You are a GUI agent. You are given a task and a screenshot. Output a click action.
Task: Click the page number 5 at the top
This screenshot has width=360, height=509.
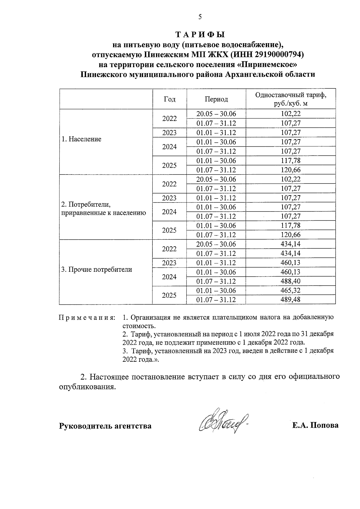tap(200, 17)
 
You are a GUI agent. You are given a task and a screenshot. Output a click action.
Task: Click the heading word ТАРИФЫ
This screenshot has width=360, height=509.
tap(200, 34)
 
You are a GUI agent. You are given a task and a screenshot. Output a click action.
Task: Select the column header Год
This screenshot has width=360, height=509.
tap(169, 99)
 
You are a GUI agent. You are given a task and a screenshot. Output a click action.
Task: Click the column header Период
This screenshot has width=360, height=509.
tap(216, 99)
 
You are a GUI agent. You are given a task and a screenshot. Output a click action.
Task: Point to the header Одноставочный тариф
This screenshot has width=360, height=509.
tap(290, 95)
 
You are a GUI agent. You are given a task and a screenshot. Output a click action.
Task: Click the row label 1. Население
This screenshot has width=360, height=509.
tap(81, 139)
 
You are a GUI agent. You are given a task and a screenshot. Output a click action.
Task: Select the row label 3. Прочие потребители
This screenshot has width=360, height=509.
tap(97, 269)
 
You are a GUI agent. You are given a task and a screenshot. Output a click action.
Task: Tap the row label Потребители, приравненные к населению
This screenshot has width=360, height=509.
tap(103, 209)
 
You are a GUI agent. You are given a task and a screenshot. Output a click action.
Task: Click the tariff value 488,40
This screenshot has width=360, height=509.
tap(290, 281)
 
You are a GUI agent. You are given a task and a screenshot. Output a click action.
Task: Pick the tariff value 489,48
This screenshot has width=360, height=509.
tap(290, 300)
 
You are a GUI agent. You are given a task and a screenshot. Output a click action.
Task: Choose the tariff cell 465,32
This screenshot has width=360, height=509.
tap(290, 290)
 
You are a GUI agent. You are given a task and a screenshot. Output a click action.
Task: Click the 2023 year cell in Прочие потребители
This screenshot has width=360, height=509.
tap(169, 263)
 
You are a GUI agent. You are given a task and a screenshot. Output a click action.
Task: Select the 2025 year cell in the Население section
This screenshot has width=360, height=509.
tap(169, 165)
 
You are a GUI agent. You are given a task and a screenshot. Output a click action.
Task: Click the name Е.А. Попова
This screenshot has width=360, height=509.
tap(316, 425)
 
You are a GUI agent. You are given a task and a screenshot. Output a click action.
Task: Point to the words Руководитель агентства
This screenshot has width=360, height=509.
tap(105, 426)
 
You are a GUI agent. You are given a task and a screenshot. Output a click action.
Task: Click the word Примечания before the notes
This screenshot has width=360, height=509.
tap(87, 318)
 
